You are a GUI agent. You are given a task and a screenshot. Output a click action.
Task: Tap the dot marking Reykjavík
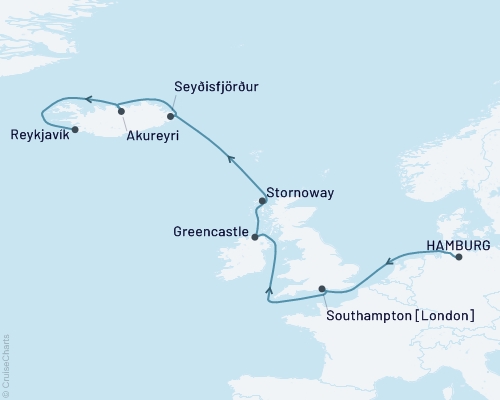coord(75,128)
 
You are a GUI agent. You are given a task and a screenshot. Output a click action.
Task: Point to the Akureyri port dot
coord(121,111)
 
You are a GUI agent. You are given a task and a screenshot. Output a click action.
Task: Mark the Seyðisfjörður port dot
coord(170,116)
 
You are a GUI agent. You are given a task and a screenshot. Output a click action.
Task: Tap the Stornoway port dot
coord(263,200)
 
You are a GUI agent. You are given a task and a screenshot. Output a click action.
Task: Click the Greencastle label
coord(212,230)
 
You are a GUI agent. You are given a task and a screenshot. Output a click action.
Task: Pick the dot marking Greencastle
coord(255,237)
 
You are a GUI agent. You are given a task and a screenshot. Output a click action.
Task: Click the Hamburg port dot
coord(459,257)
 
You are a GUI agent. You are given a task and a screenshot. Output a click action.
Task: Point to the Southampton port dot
coord(322,289)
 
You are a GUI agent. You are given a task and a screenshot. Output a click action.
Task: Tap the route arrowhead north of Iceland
coord(88,98)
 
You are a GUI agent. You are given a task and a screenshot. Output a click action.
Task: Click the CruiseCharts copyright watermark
coord(6,364)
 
